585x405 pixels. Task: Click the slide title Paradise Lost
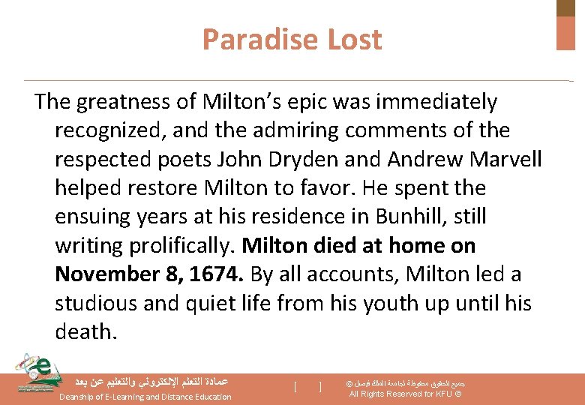point(292,40)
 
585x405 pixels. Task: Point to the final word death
point(85,331)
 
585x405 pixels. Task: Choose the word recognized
point(110,130)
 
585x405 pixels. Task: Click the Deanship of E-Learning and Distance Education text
point(145,397)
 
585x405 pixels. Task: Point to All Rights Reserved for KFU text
point(406,394)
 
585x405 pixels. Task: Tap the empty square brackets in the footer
point(308,387)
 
